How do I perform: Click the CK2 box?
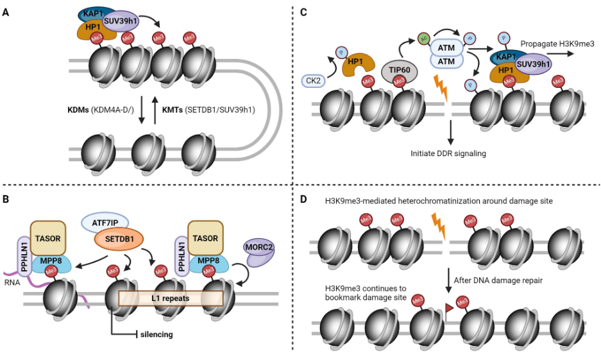[x=314, y=81]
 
